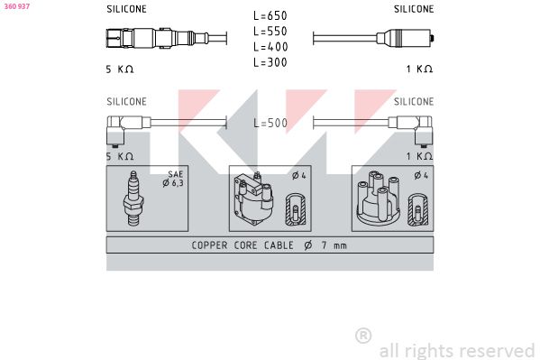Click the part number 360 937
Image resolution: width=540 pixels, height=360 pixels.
coord(17,6)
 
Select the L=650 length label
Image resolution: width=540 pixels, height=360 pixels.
coord(270,15)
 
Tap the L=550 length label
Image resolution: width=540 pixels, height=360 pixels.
coord(270,31)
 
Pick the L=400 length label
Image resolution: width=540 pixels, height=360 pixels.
coord(270,47)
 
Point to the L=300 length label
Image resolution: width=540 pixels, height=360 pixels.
coord(270,62)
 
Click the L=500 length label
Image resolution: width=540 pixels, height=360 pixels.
coord(270,123)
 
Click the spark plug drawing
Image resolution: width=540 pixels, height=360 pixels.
coord(133,198)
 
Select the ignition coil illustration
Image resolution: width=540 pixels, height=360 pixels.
coord(253,198)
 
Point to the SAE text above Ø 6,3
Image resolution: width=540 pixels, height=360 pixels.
coord(175,174)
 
